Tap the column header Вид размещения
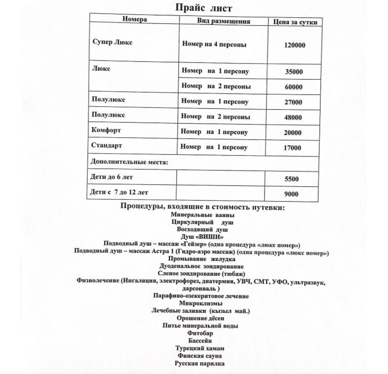224,21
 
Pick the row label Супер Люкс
113,42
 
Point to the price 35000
294,72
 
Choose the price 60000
294,87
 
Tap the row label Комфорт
106,130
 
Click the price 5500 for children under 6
291,179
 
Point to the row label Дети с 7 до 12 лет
119,192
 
